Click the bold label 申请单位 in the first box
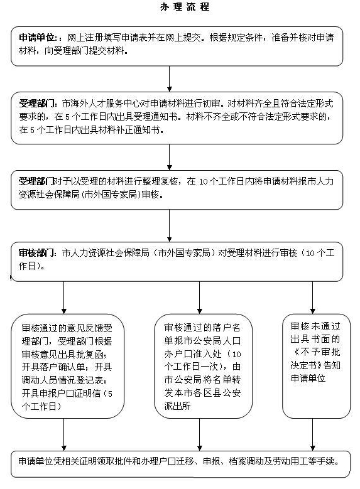[38, 38]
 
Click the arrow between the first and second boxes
[169, 78]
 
